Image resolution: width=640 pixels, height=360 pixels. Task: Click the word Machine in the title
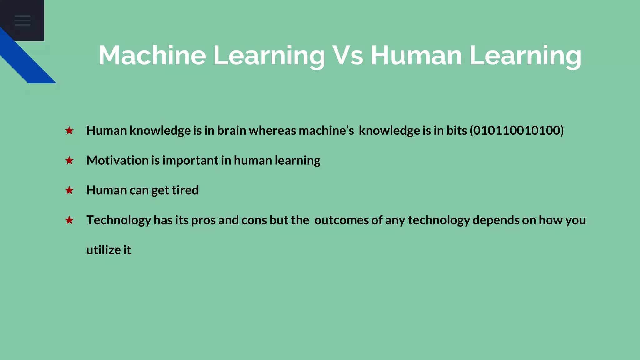coord(152,55)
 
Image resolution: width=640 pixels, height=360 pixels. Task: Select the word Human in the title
coord(416,55)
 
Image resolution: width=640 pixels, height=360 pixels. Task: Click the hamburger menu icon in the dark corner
coord(22,20)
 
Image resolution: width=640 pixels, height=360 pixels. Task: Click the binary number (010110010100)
coord(517,130)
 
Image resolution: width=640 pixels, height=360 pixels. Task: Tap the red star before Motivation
coord(69,161)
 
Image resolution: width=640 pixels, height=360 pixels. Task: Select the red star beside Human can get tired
coord(69,190)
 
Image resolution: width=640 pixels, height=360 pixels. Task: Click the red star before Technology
coord(69,220)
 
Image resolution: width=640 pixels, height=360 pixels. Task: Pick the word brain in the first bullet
coord(232,130)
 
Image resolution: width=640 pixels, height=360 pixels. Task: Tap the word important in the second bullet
coord(190,160)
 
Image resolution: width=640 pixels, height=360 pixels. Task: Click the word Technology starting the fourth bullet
coord(119,220)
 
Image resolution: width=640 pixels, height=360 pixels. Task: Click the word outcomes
coord(342,220)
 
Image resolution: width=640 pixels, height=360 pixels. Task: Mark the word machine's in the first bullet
coord(326,130)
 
